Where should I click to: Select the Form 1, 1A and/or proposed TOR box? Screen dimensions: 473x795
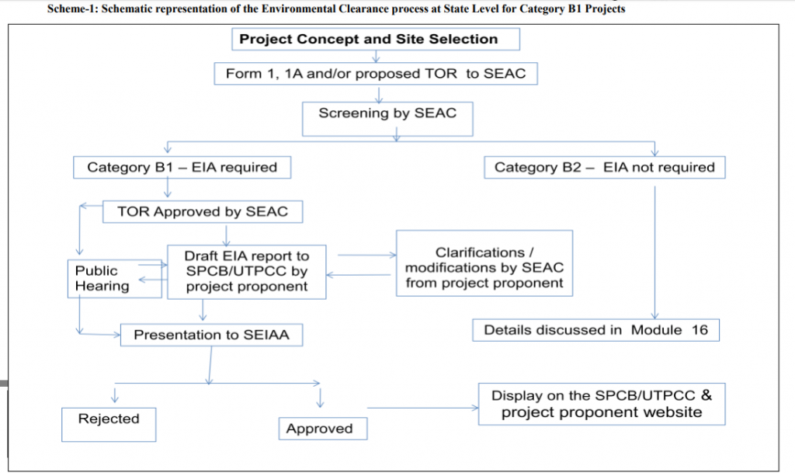tap(376, 74)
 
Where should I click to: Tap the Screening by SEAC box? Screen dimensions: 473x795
tap(387, 113)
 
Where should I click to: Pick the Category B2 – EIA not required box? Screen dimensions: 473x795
tap(604, 167)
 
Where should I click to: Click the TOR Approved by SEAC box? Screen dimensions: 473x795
tap(202, 211)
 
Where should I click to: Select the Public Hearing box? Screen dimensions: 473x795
tap(102, 278)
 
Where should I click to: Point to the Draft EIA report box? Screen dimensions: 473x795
tap(246, 271)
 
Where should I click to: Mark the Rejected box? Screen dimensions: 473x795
tap(109, 419)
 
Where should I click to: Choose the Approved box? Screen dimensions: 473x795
tap(320, 429)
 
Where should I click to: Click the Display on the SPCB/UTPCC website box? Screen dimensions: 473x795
tap(602, 403)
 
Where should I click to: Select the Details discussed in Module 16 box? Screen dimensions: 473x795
tap(595, 329)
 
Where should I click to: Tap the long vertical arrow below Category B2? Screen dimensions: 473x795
tap(656, 249)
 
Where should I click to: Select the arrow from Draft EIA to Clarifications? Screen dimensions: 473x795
tap(366, 254)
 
